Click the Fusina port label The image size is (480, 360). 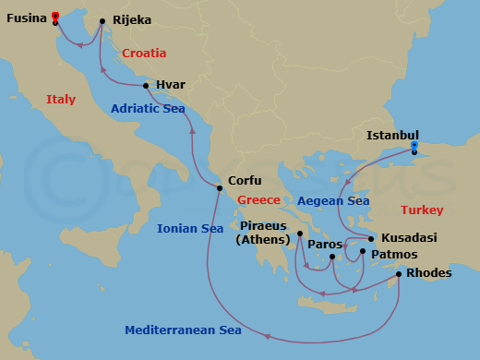tap(25, 18)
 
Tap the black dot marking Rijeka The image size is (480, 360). tap(102, 19)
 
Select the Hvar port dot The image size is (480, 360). tap(146, 86)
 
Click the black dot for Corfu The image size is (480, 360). tap(220, 189)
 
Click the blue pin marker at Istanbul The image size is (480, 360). tap(414, 145)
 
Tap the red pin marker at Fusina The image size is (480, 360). tap(55, 16)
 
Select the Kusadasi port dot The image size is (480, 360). tap(371, 238)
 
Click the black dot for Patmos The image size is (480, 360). tap(363, 251)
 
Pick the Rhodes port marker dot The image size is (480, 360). tap(398, 273)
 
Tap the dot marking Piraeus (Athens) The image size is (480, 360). tap(300, 234)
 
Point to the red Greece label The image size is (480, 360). tap(258, 200)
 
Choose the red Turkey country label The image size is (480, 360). tap(422, 210)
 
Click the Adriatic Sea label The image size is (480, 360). tap(148, 109)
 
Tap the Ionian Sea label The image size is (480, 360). tap(190, 228)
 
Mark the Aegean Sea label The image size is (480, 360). tap(333, 200)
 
